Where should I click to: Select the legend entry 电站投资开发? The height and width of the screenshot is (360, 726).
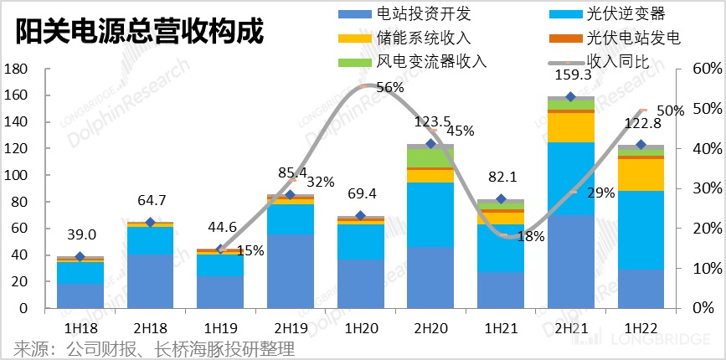[418, 14]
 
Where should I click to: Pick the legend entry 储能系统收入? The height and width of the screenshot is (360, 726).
[418, 38]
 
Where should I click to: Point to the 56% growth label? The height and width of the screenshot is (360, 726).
[390, 87]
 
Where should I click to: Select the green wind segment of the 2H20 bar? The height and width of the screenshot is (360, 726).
[430, 157]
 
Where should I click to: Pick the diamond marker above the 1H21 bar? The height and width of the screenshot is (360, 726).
[501, 199]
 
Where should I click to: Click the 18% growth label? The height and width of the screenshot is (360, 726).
[531, 237]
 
